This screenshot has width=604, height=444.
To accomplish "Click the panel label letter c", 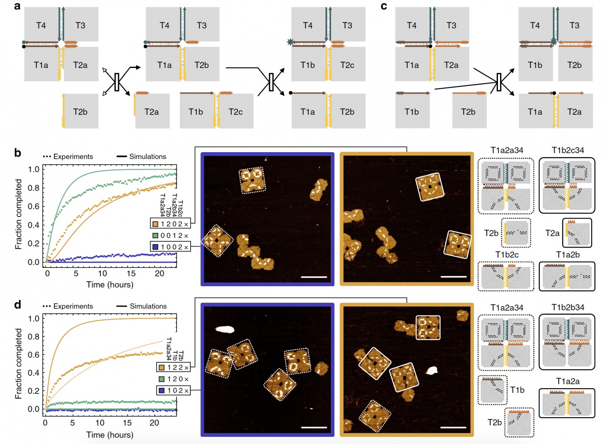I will [x=384, y=6].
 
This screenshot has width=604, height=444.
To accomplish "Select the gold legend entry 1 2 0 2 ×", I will [x=170, y=224].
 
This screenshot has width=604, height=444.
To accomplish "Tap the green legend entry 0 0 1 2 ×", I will [x=170, y=236].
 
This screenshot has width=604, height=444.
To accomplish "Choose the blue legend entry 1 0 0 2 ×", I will [x=170, y=247].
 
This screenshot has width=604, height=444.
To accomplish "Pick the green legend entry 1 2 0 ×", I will [x=174, y=379].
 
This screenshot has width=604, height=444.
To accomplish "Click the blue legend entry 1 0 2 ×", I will [x=174, y=390].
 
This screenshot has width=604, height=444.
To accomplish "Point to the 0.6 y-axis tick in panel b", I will [x=34, y=206].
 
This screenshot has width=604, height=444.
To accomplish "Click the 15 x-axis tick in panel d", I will [x=127, y=422].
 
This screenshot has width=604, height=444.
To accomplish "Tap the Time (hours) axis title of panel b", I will [x=110, y=285].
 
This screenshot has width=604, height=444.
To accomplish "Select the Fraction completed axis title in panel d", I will [x=18, y=363].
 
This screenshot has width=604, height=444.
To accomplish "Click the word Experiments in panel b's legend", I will [x=73, y=157].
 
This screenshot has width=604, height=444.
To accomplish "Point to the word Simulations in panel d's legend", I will [x=148, y=306].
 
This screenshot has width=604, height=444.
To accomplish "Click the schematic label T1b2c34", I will [x=567, y=150].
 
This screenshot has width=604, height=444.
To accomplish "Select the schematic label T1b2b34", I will [x=567, y=307].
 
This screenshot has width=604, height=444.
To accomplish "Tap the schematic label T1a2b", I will [x=567, y=255].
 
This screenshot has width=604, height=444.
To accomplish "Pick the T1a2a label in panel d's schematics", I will [x=567, y=381].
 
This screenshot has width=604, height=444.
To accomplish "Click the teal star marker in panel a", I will [x=290, y=42].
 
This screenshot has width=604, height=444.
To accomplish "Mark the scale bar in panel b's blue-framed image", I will [x=314, y=277].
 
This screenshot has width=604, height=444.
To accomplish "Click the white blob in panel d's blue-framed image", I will [x=225, y=330].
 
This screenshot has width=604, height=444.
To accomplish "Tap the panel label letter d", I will [x=17, y=305].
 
